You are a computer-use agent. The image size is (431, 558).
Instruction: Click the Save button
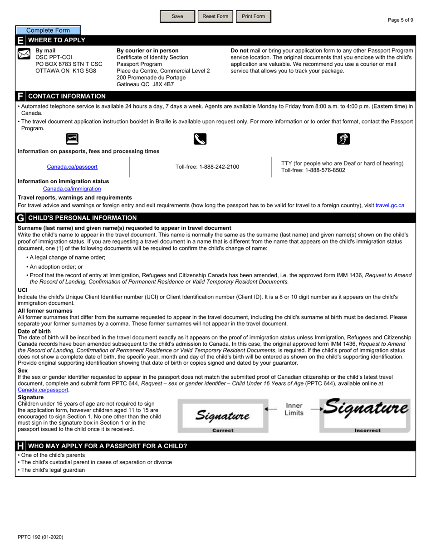click(x=177, y=16)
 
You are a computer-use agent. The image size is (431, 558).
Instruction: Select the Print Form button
click(x=253, y=16)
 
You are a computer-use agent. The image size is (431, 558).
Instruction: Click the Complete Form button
click(x=48, y=30)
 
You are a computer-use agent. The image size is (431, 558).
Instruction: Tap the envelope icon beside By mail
click(x=24, y=54)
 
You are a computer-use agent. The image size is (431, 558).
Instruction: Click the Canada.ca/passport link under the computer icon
click(x=72, y=167)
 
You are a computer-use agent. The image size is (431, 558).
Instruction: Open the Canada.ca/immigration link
click(x=72, y=189)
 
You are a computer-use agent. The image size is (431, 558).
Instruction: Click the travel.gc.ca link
click(x=390, y=206)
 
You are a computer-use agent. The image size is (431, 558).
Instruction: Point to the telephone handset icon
click(x=200, y=139)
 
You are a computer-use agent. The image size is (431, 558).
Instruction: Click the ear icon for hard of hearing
click(x=343, y=139)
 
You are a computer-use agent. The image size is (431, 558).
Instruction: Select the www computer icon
click(x=72, y=138)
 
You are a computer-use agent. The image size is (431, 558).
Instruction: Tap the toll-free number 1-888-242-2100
click(x=219, y=167)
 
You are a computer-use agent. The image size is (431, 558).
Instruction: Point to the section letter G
click(x=20, y=218)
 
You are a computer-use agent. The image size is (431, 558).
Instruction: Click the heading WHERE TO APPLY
click(x=57, y=40)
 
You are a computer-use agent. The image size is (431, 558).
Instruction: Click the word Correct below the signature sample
click(x=223, y=431)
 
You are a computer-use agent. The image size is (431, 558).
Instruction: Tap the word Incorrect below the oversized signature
click(x=367, y=431)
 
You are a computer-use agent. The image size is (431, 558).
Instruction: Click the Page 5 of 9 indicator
click(x=400, y=20)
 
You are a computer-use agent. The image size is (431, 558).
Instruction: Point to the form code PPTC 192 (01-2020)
click(x=40, y=537)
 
